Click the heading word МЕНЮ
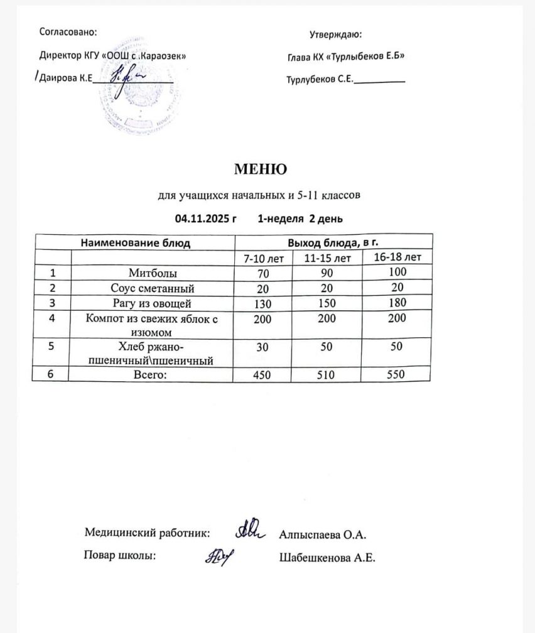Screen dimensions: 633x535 click(x=261, y=170)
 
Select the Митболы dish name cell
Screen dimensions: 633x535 click(x=153, y=273)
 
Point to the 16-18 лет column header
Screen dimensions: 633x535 click(x=397, y=257)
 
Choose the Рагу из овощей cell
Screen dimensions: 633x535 click(x=153, y=303)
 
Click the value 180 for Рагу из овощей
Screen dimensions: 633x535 click(x=397, y=302)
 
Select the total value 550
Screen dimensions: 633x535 click(x=397, y=374)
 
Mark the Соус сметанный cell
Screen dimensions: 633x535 click(x=153, y=288)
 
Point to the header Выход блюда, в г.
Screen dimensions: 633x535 click(x=333, y=242)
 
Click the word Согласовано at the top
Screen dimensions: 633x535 click(x=68, y=31)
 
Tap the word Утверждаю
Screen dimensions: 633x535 click(x=335, y=35)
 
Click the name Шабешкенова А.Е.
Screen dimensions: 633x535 click(x=327, y=557)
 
